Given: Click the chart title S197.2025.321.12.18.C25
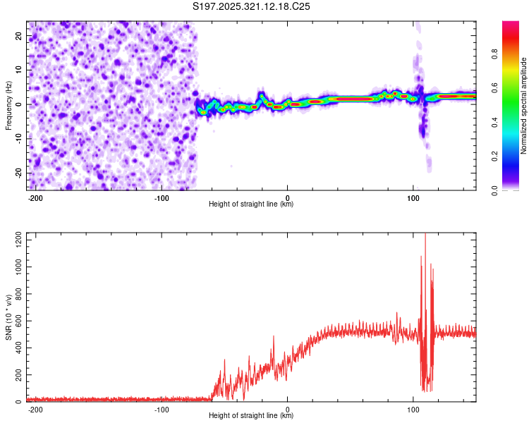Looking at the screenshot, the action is (x=251, y=6).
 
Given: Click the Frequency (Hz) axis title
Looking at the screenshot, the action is (x=8, y=106).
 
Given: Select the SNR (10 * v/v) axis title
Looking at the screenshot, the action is (x=8, y=317).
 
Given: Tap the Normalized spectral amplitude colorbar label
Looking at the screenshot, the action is (x=523, y=106).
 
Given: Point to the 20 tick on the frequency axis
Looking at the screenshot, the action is (x=18, y=35).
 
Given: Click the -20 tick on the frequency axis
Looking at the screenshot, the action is (x=18, y=173).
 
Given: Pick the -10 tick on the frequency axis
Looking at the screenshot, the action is (x=18, y=139).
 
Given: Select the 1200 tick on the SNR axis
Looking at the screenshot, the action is (x=18, y=240).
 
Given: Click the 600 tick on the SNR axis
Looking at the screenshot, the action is (x=18, y=321).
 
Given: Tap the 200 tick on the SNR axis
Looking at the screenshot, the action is (x=18, y=375).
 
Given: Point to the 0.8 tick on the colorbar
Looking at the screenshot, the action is (x=494, y=54).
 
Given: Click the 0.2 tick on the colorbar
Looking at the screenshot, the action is (x=494, y=157).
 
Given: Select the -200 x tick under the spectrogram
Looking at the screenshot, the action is (x=35, y=198).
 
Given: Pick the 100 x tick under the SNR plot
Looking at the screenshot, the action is (x=413, y=410).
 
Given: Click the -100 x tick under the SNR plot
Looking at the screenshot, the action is (x=162, y=410).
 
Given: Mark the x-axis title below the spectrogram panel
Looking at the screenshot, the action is (x=251, y=204).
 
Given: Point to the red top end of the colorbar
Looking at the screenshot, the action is (x=511, y=23).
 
